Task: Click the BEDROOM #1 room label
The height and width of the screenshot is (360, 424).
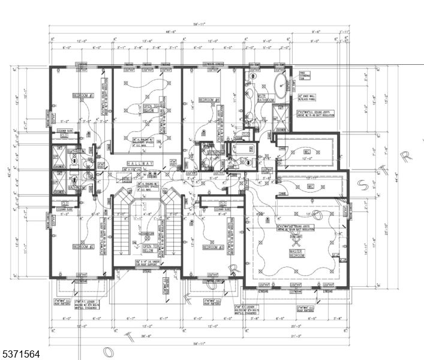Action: [x=82, y=95]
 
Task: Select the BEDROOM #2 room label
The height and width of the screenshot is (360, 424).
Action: [x=83, y=246]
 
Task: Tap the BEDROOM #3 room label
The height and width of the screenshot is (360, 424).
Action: [x=213, y=247]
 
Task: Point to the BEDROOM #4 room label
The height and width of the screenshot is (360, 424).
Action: [x=211, y=100]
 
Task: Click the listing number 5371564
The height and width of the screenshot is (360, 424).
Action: [x=22, y=354]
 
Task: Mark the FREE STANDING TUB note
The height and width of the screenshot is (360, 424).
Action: [x=305, y=76]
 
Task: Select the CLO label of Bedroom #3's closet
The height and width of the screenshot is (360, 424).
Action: [x=222, y=203]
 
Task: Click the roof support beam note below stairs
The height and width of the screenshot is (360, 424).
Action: [x=147, y=263]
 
